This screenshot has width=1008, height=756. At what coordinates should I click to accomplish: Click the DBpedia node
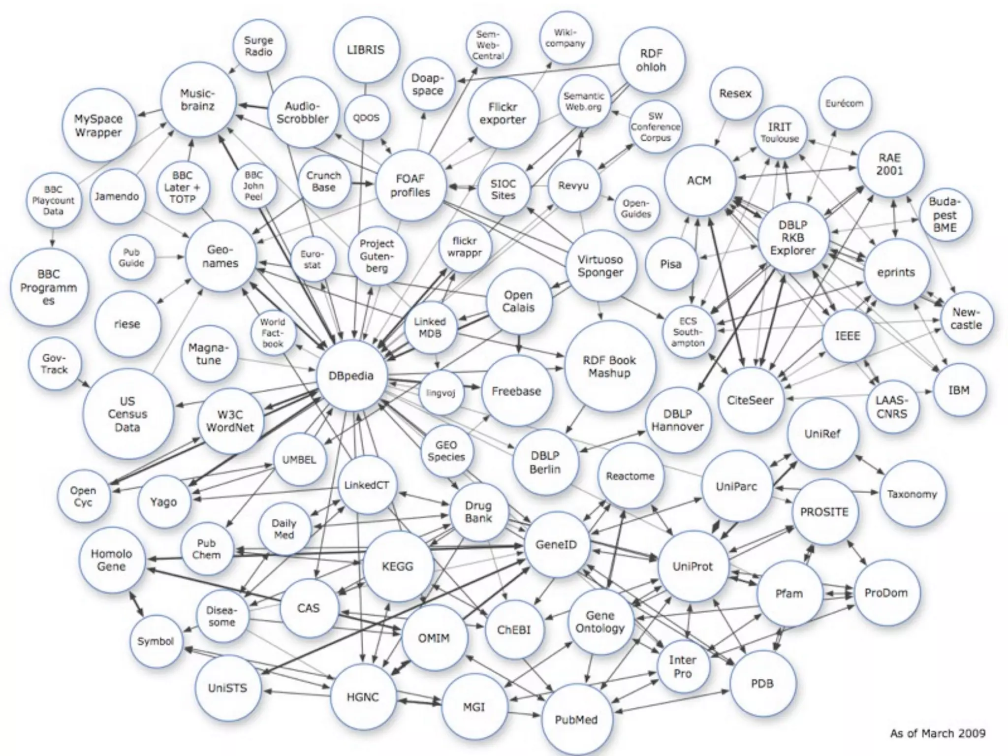[x=351, y=376]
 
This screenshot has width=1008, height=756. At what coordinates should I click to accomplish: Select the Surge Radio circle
[x=258, y=46]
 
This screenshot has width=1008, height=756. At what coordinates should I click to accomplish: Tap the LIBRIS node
[x=366, y=50]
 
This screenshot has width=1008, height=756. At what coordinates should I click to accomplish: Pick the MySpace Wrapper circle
[x=98, y=126]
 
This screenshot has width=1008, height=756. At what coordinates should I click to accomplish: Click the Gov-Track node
[x=54, y=364]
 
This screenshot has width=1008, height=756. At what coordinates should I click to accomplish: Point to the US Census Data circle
[x=127, y=414]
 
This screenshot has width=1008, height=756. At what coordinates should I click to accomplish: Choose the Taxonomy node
[x=912, y=494]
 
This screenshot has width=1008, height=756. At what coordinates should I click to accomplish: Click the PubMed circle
[x=576, y=720]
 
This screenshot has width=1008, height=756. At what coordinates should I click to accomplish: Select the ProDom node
[x=886, y=593]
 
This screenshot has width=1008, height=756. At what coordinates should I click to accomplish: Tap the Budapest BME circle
[x=945, y=215]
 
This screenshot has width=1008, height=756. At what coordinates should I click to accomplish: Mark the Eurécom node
[x=845, y=103]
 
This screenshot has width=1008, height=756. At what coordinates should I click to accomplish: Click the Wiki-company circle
[x=566, y=38]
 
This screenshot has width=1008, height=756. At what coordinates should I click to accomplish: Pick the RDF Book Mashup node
[x=609, y=367]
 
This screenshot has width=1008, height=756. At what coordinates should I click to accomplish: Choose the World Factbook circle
[x=273, y=333]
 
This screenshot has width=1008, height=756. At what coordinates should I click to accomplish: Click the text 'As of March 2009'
[x=938, y=733]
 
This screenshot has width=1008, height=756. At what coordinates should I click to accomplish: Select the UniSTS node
[x=227, y=688]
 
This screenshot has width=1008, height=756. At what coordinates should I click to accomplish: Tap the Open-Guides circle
[x=636, y=209]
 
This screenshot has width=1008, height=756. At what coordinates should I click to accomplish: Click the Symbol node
[x=156, y=641]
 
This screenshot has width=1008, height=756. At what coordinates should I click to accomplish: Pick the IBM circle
[x=959, y=390]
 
